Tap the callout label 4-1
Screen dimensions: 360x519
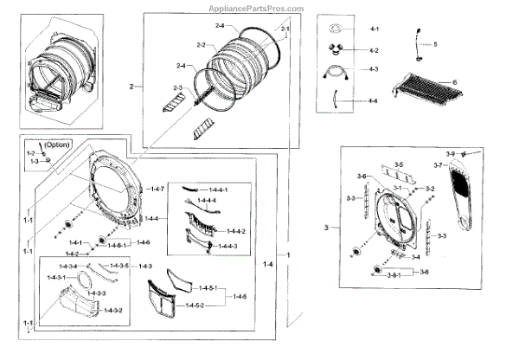coord(374,29)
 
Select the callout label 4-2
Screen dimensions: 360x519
coord(374,50)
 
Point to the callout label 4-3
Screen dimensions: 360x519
coord(374,69)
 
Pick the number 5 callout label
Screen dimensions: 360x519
coord(436,43)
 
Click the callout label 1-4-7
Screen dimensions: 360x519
coord(157,189)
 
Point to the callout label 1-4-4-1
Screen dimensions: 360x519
coord(215,190)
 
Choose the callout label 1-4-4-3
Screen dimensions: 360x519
coord(227,247)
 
